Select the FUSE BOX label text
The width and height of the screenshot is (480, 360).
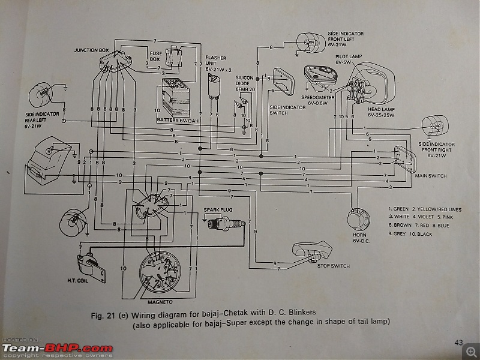point(155,56)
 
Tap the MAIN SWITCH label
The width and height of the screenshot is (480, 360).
point(430,176)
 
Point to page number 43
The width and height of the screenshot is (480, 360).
point(458,342)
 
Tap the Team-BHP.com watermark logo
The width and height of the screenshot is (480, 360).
point(58,348)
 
